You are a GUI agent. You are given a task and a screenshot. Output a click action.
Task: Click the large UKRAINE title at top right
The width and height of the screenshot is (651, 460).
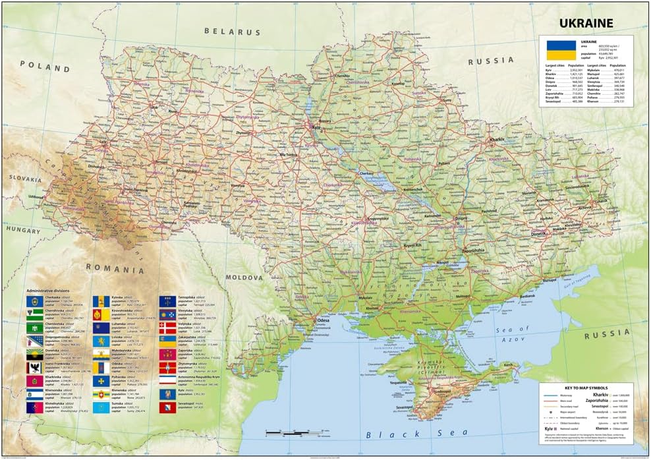point(586,23)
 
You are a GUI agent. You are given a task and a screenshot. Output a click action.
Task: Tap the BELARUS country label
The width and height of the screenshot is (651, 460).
point(232,31)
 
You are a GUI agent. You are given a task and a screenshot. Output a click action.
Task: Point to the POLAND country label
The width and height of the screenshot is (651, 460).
point(45,67)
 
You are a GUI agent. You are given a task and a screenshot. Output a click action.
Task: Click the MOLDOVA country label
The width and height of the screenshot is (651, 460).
point(244,277)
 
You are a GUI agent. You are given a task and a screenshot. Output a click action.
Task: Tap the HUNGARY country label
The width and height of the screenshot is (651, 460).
point(24,231)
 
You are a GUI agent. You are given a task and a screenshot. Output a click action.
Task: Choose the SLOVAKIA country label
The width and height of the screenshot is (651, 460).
point(25,178)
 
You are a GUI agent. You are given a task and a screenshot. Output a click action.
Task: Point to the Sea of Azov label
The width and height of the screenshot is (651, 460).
point(512,334)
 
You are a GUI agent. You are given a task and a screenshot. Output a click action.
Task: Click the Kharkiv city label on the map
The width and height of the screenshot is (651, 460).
point(496,140)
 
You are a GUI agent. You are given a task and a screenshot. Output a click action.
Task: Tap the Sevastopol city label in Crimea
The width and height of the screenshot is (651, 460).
point(410,409)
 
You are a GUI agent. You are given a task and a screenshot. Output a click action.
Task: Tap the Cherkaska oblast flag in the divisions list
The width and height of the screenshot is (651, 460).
point(34,301)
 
